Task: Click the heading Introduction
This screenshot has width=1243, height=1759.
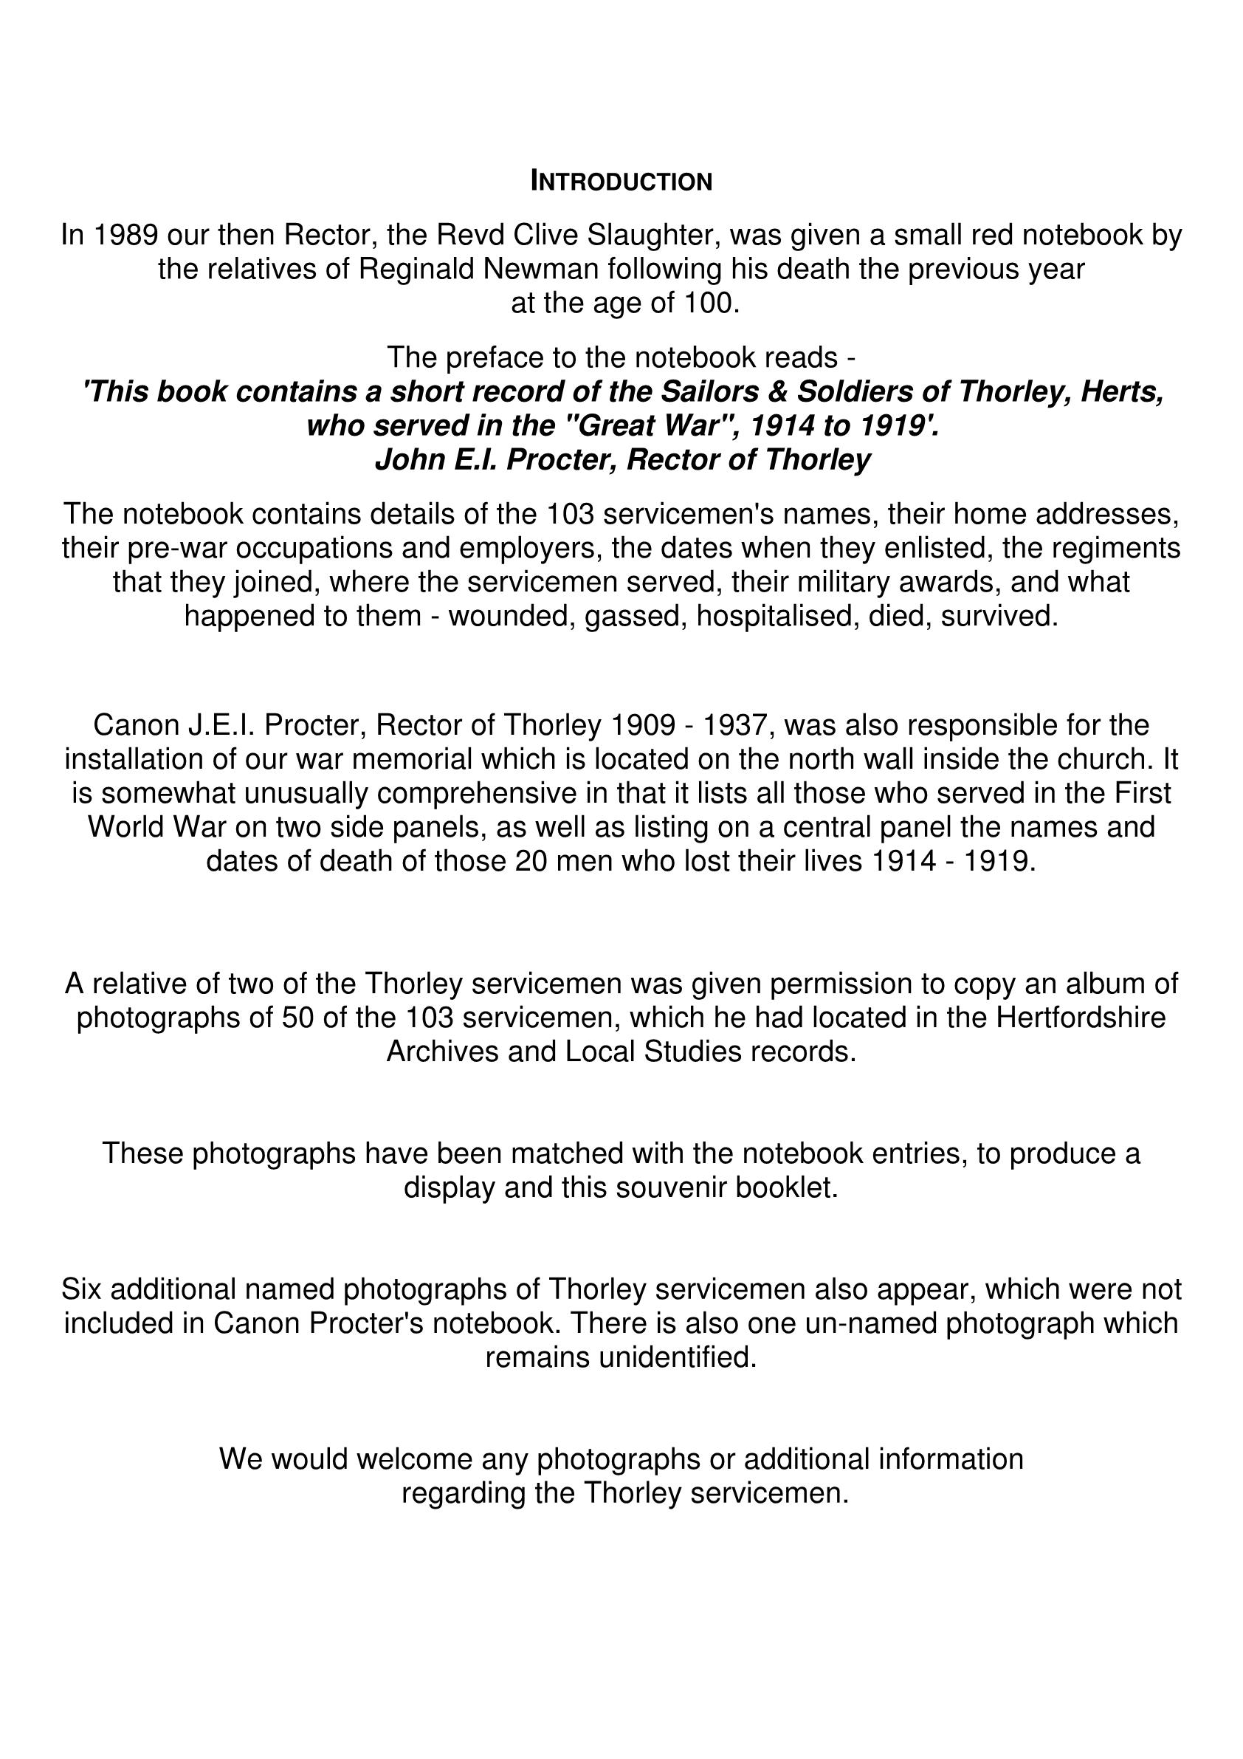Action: click(x=621, y=182)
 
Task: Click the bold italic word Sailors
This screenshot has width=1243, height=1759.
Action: click(x=720, y=392)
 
